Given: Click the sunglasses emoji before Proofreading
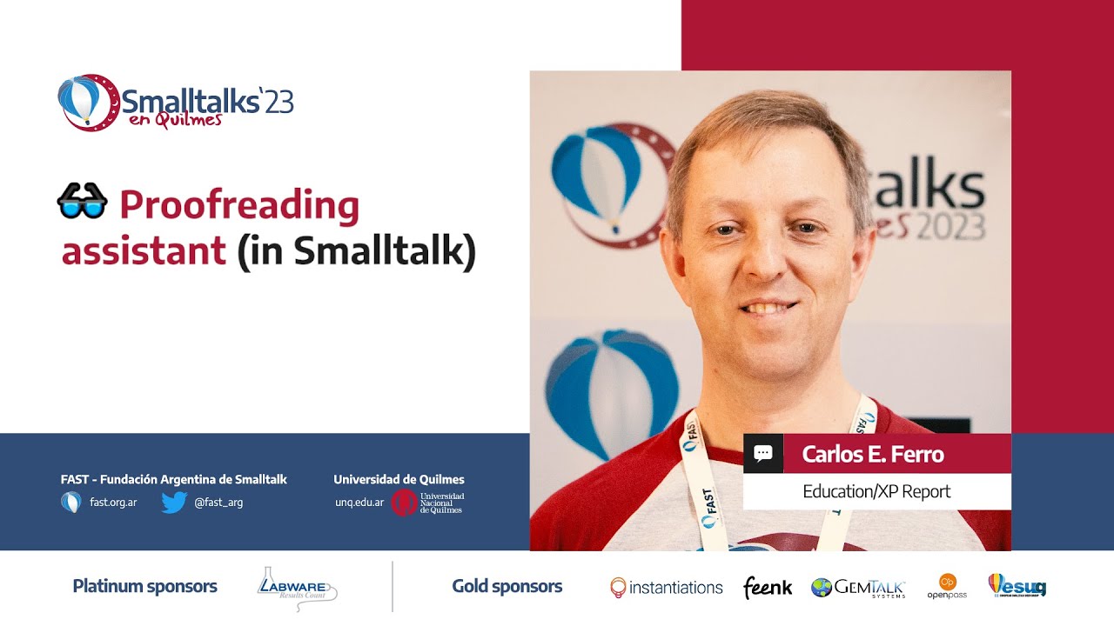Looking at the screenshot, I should coord(82,203).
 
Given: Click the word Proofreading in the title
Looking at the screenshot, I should coord(239,207).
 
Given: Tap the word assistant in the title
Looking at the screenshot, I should coord(144,251).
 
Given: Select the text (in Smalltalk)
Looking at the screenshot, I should coord(357,251).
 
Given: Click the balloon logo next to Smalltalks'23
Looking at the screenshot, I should coord(87,102).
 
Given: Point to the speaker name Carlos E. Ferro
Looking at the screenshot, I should coord(872,454).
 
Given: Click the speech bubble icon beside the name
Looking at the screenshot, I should coord(763,454).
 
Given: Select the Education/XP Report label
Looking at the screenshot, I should coord(876,491).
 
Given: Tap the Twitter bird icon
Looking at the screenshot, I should coord(174,503).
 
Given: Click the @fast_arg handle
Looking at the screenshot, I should coord(218,503).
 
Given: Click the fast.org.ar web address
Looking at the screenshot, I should coord(113,503).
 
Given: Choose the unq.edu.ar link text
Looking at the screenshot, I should coord(359,503).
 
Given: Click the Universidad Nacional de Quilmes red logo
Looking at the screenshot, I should coord(405,503).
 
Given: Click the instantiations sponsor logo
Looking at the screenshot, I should coord(667,588).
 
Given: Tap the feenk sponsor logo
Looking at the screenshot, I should coord(768,589).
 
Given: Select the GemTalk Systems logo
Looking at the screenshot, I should coord(858,589).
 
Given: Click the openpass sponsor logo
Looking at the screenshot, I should coord(947,587).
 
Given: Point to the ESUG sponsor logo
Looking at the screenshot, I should coord(1017,586).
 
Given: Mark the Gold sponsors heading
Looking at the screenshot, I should coord(507,587).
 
